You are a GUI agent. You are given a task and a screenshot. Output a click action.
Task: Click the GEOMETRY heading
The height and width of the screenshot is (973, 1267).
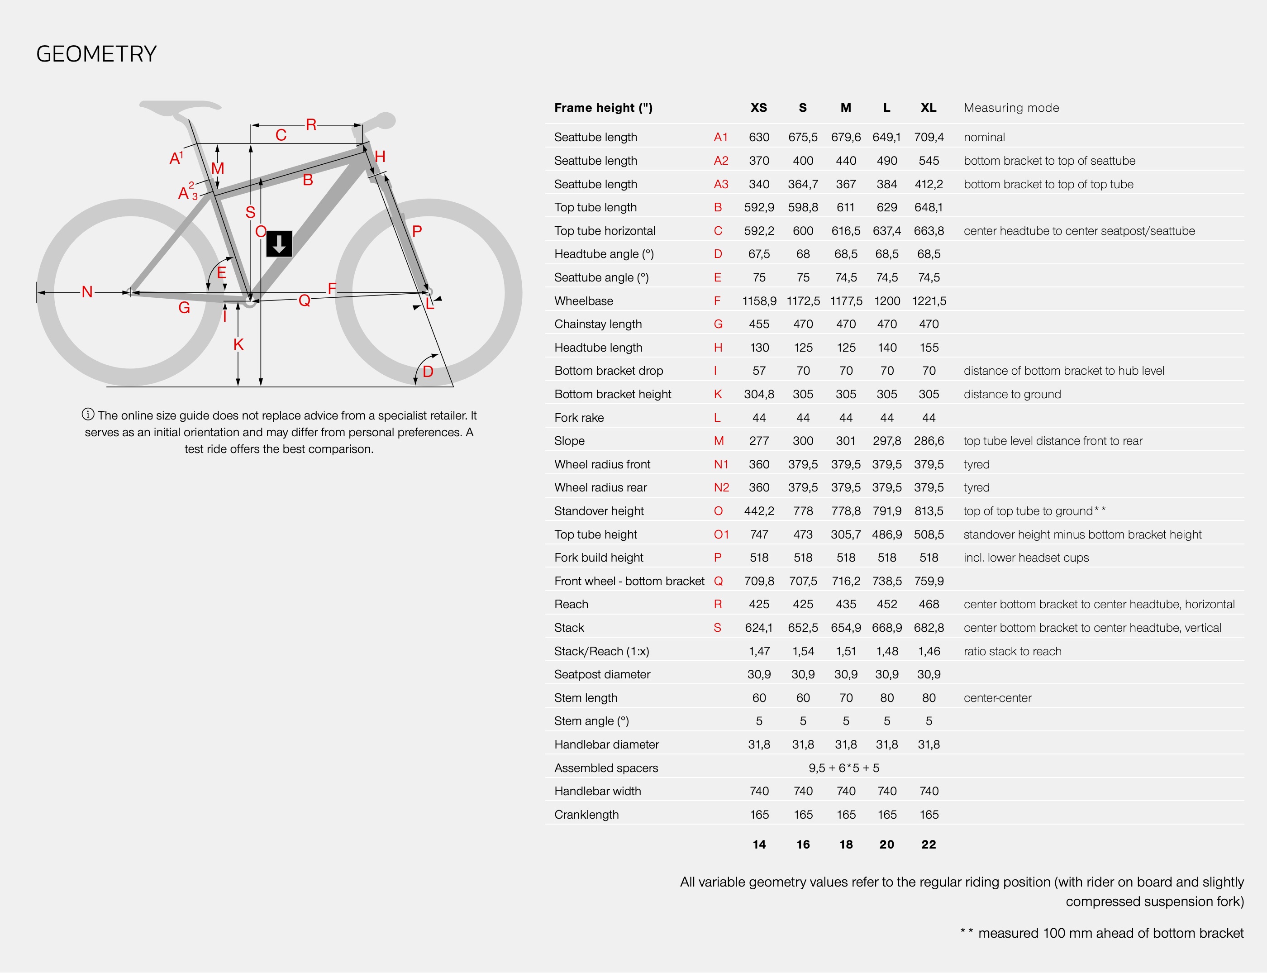pyautogui.click(x=96, y=54)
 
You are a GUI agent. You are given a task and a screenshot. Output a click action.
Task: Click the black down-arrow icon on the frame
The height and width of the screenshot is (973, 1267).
pyautogui.click(x=279, y=244)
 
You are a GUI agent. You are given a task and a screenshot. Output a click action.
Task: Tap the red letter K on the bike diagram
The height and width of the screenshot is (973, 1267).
pyautogui.click(x=238, y=344)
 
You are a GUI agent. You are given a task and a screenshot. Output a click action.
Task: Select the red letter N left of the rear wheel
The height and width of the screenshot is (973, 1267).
pyautogui.click(x=87, y=292)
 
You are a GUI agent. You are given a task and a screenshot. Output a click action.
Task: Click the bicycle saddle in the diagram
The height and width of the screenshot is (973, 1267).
pyautogui.click(x=180, y=108)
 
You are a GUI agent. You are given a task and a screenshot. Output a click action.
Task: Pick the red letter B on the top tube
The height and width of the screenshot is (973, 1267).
pyautogui.click(x=308, y=180)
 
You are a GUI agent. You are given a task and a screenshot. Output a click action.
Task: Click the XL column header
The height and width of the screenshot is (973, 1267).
pyautogui.click(x=928, y=108)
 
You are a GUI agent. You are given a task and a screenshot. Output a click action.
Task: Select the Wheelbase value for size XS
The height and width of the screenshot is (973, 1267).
pyautogui.click(x=759, y=301)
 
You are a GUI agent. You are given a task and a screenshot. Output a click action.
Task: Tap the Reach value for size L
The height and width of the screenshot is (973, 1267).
pyautogui.click(x=886, y=605)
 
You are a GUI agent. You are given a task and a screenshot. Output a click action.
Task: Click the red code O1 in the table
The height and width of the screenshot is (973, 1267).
pyautogui.click(x=721, y=534)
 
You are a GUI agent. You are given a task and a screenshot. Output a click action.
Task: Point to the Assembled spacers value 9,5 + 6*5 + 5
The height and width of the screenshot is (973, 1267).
pyautogui.click(x=844, y=768)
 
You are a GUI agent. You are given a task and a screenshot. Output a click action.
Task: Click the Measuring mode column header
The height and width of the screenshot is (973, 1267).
pyautogui.click(x=1011, y=108)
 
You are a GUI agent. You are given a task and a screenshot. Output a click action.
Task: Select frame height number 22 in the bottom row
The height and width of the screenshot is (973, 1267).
pyautogui.click(x=928, y=844)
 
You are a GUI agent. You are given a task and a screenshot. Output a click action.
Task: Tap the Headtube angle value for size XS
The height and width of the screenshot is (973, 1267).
pyautogui.click(x=759, y=254)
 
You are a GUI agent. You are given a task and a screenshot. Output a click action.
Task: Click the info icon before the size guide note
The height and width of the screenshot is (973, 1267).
pyautogui.click(x=88, y=415)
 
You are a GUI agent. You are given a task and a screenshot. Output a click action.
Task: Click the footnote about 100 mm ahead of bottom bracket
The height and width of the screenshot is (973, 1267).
pyautogui.click(x=1101, y=933)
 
